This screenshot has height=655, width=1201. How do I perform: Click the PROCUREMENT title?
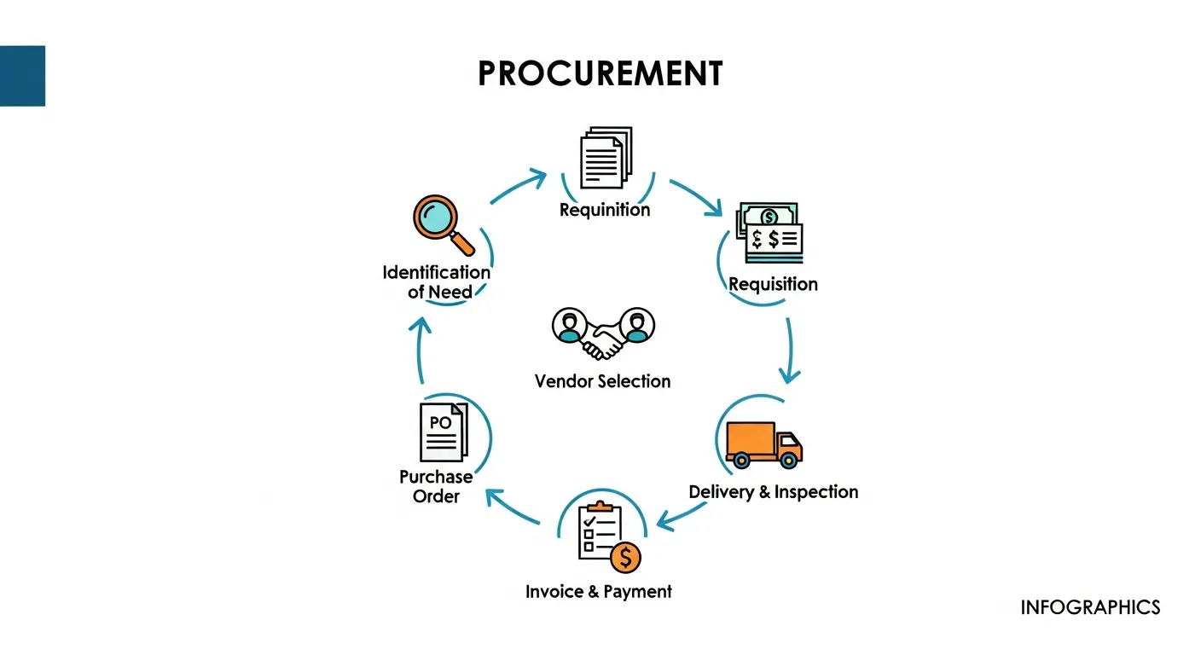600,74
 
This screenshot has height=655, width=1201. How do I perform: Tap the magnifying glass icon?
440,223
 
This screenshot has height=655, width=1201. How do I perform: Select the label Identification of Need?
437,282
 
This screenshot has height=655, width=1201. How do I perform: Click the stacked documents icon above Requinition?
605,159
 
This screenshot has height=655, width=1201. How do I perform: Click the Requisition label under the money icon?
773,284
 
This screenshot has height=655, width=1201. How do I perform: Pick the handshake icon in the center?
603,334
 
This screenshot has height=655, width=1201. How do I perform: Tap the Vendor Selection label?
602,381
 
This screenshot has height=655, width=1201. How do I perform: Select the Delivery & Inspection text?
773,492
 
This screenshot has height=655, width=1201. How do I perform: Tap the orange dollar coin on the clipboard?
625,558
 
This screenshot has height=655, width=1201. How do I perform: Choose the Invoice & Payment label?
599,592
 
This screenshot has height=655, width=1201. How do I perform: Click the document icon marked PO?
443,432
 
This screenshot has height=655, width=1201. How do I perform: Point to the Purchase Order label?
436,486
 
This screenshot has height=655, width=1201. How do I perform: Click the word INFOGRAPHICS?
1090,607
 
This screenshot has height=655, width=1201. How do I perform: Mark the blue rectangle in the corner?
22,76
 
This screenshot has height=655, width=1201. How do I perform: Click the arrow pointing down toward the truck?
790,350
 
